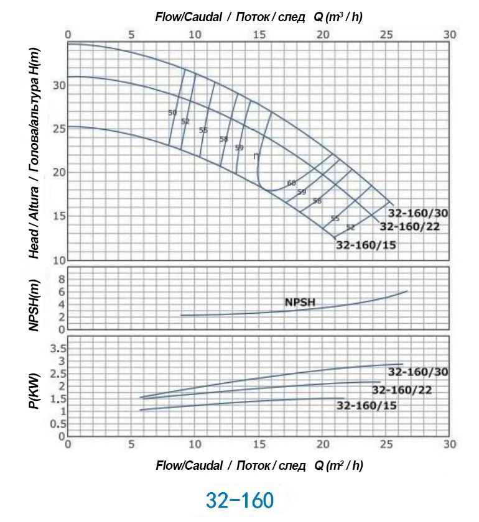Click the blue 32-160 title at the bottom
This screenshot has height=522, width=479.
[240, 500]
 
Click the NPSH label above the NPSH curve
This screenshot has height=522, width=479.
[300, 303]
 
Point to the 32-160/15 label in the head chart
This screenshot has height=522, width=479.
[366, 245]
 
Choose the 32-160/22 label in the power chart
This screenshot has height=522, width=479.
[401, 390]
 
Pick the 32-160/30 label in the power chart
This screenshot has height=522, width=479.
[418, 372]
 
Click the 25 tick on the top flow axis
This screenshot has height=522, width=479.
[386, 34]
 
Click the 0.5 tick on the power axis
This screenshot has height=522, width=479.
[56, 424]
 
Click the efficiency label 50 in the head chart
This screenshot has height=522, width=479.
[172, 112]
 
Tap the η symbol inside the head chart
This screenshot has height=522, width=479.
[256, 156]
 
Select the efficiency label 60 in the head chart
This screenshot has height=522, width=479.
[292, 183]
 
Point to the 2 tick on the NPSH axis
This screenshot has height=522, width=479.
[61, 317]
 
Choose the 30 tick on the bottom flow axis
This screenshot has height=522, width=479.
[450, 444]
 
